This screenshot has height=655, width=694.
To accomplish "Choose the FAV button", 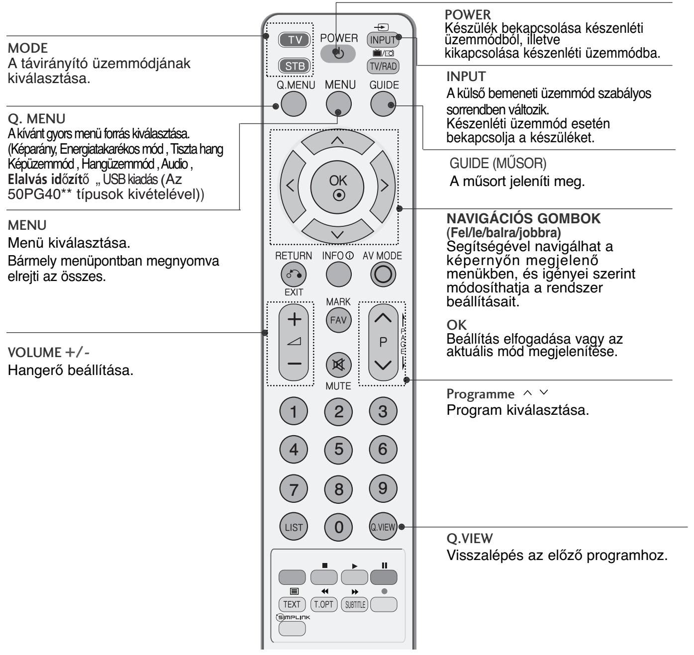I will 338,320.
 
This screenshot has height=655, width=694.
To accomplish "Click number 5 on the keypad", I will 338,450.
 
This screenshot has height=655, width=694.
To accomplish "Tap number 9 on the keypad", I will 383,488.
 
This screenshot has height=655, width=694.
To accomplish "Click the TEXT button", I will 292,604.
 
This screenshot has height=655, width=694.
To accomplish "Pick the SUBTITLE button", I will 353,604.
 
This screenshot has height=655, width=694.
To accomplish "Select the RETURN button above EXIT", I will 294,274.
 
